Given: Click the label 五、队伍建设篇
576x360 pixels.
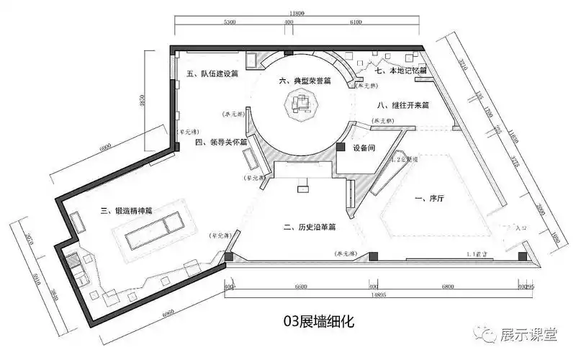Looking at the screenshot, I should pos(212,73).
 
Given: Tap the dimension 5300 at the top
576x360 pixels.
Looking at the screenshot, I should pos(230,23).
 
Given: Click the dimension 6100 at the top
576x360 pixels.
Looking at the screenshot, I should pos(355,23).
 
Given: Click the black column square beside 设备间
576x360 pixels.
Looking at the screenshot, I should pos(340,147).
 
